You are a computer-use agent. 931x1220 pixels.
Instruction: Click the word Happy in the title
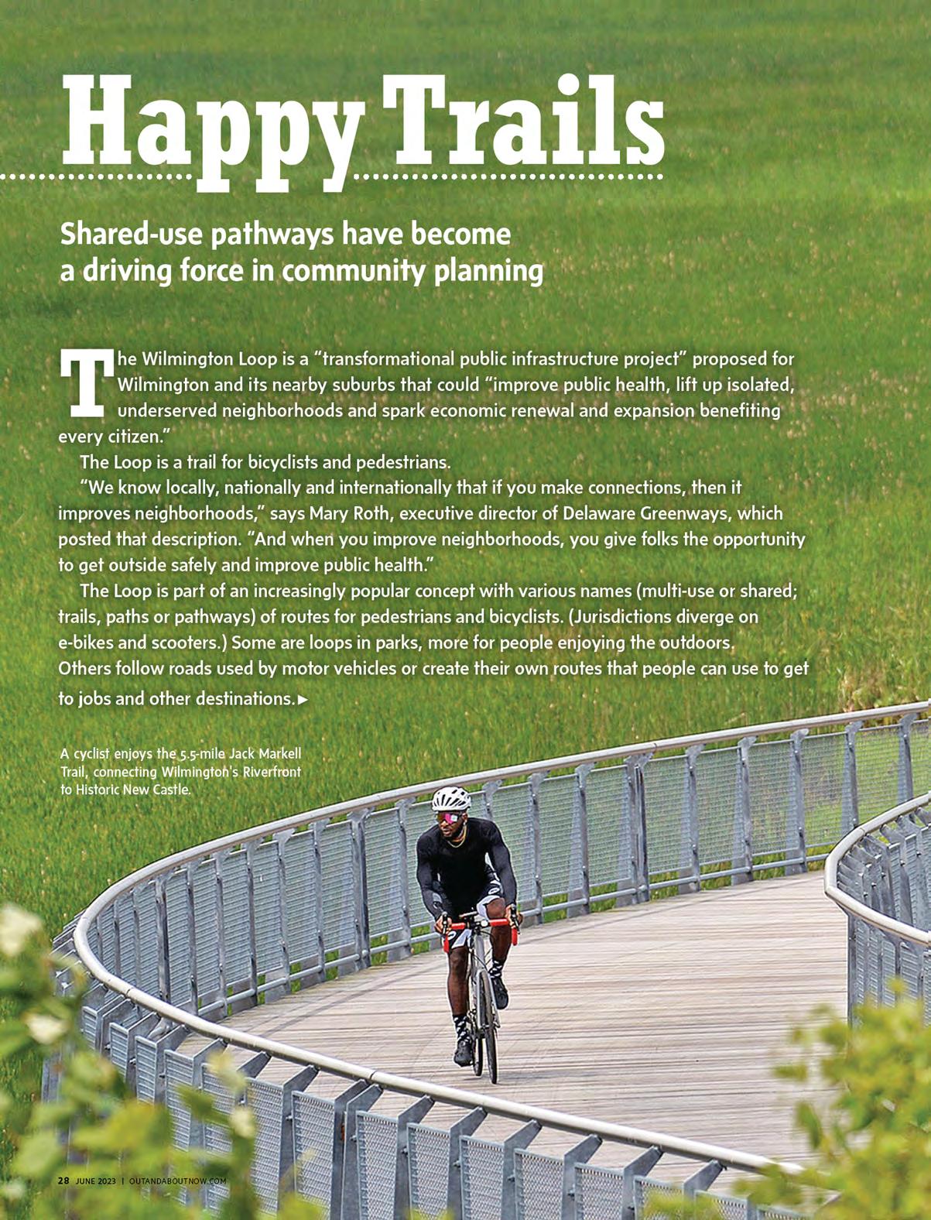tap(209, 124)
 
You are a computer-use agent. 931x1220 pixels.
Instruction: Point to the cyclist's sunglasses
tap(450, 817)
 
